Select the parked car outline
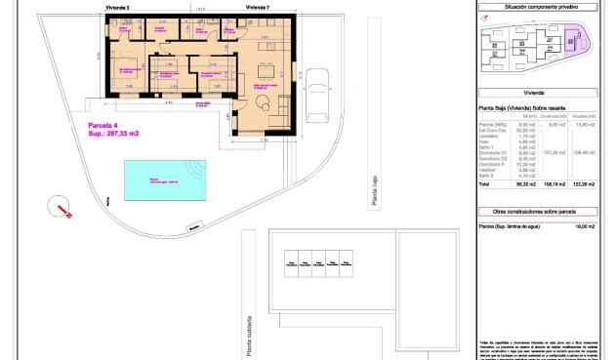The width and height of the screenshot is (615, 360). [317, 96]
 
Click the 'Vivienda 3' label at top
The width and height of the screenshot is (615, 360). [117, 7]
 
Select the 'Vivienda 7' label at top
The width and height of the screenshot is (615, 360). [258, 7]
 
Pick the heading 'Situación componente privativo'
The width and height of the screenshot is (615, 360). [537, 7]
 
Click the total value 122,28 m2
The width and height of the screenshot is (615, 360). [585, 182]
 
